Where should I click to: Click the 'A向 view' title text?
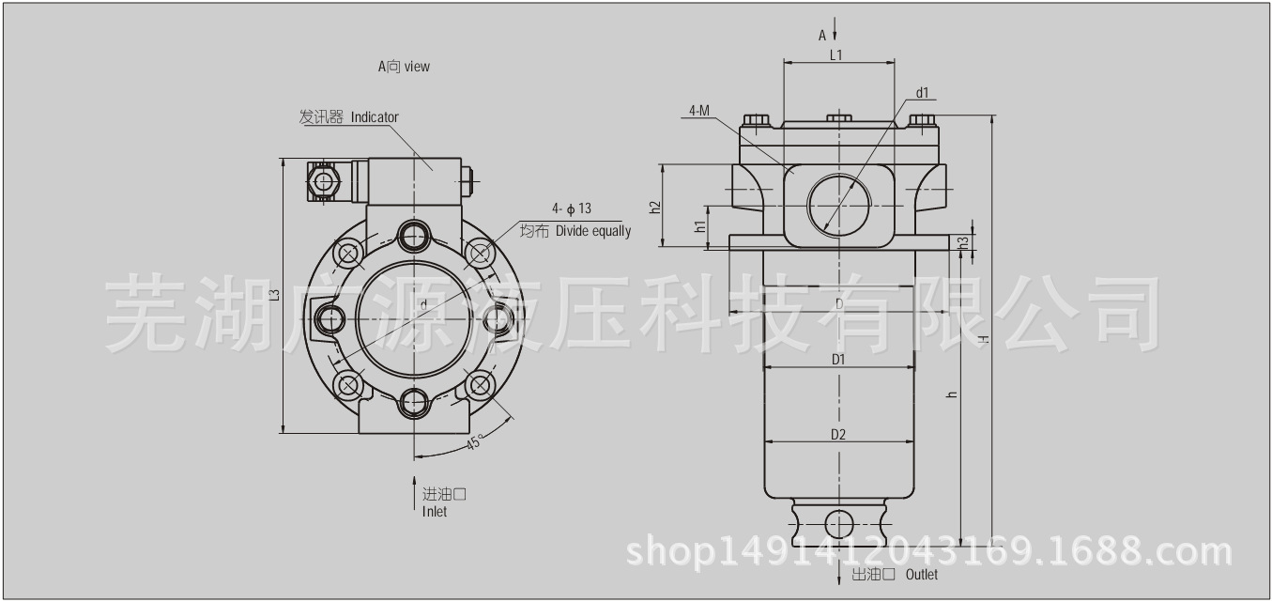[404, 67]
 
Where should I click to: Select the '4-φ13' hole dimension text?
[572, 208]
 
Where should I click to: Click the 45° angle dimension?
[476, 442]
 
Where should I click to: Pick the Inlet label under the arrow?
[435, 512]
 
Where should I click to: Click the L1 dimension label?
[836, 54]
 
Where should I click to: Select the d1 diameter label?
[922, 92]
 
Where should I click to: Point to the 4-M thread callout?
[698, 110]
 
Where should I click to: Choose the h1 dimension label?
[699, 226]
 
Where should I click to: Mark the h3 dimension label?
[963, 242]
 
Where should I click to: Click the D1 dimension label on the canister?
[838, 359]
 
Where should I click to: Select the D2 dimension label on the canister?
[838, 434]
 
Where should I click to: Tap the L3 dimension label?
[274, 295]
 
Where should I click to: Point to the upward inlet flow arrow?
[414, 492]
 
